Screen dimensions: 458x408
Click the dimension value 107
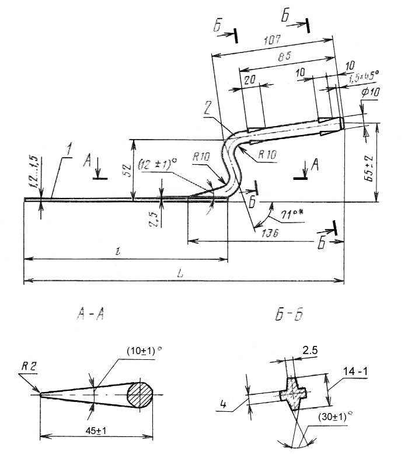pyautogui.click(x=273, y=42)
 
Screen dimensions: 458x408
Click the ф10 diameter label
pyautogui.click(x=371, y=93)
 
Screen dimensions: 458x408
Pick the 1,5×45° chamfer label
pyautogui.click(x=363, y=74)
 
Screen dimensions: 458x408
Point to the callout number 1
pyautogui.click(x=69, y=152)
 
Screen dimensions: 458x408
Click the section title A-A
pyautogui.click(x=90, y=315)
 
